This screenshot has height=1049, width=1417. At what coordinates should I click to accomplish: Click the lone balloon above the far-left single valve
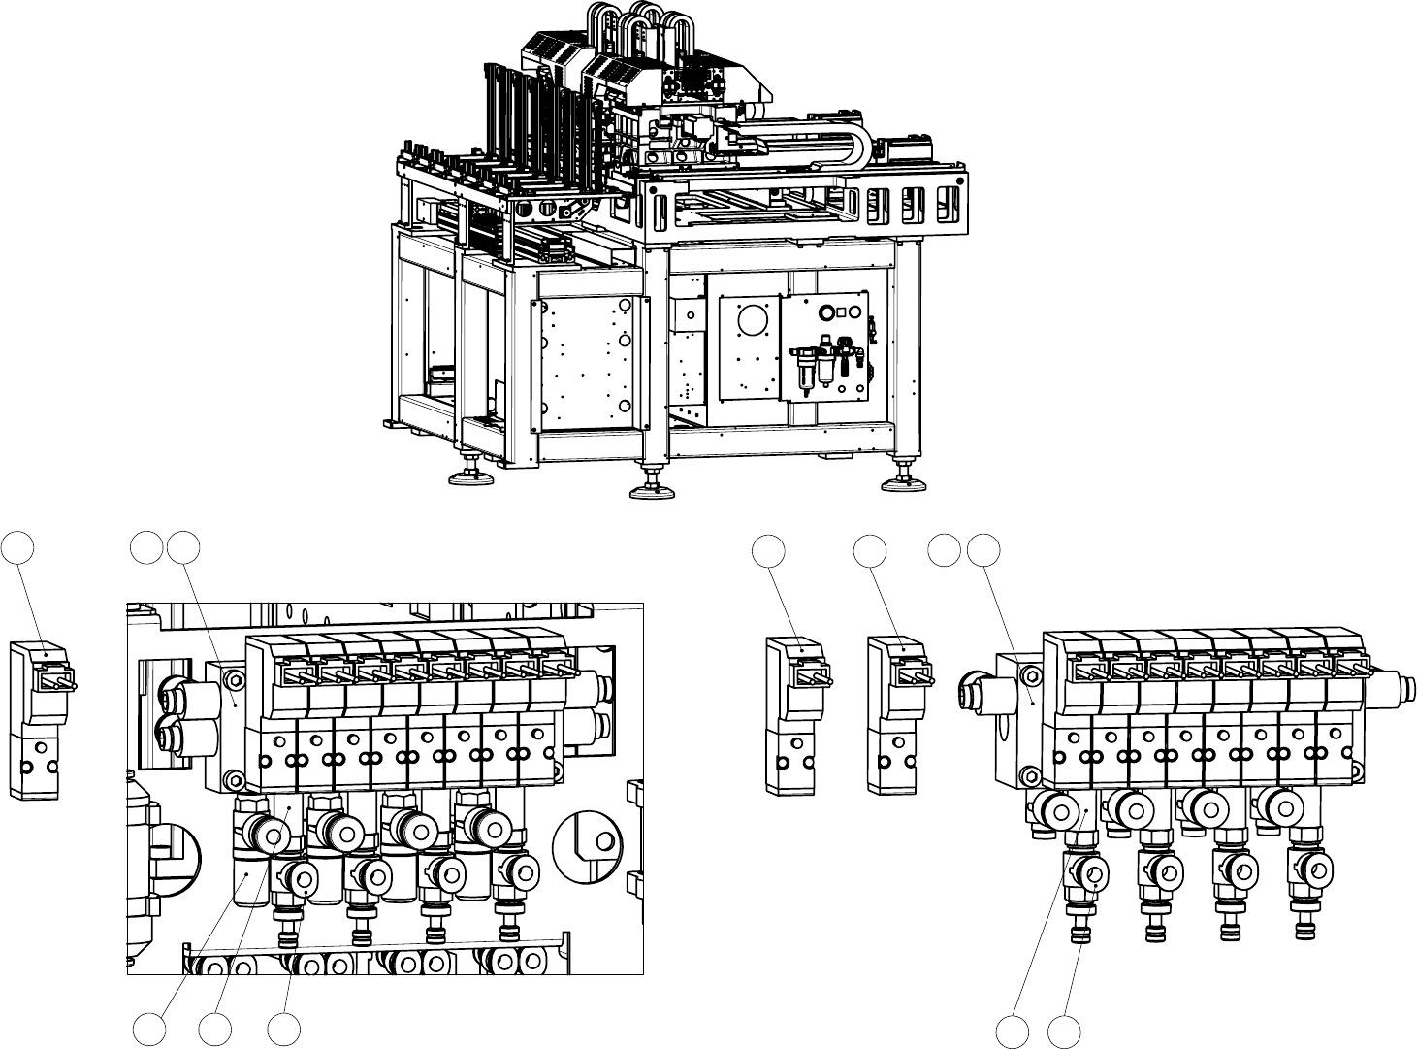point(18,546)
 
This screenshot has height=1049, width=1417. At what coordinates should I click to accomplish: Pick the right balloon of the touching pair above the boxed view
point(182,546)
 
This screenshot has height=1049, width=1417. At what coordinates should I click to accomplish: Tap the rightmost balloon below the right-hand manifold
point(1065,1032)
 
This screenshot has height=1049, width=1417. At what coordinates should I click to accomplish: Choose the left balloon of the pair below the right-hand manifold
point(1014,1032)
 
